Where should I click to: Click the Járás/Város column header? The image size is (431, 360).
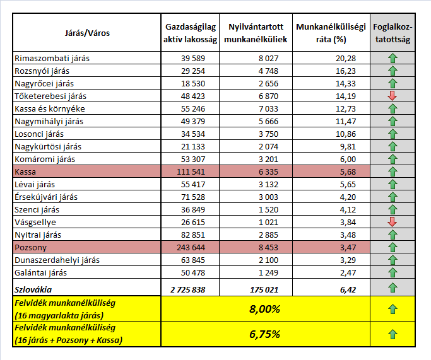(87, 32)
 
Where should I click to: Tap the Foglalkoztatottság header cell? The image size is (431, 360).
(392, 33)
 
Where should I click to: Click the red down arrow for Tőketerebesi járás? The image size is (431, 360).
(393, 96)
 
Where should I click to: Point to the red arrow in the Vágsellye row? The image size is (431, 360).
(393, 222)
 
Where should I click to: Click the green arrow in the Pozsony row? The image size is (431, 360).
(393, 247)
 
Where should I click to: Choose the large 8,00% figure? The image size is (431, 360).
(265, 309)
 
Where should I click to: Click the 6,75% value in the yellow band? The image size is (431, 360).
(265, 334)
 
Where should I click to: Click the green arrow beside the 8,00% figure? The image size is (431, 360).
(393, 309)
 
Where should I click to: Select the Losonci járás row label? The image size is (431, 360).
(39, 134)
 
